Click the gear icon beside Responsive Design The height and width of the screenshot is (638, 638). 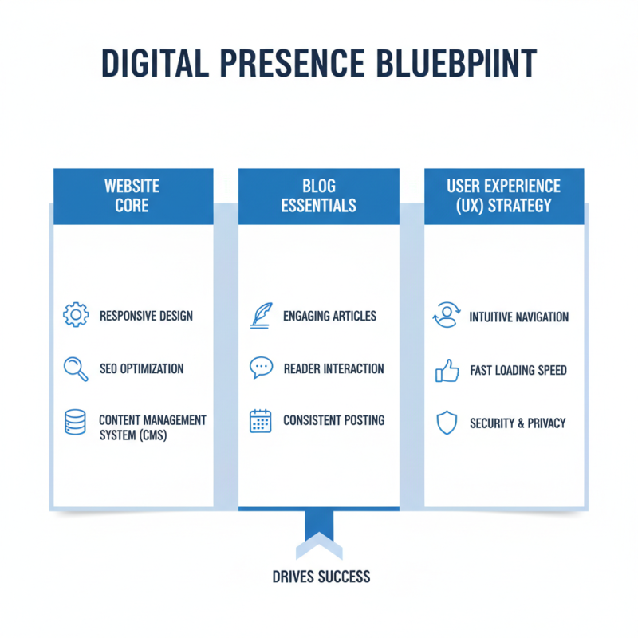coord(75,315)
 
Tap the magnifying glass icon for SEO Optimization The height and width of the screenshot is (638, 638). coord(75,368)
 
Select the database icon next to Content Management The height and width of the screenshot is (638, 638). coord(75,422)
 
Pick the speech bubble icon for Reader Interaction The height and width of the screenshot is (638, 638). coord(261,368)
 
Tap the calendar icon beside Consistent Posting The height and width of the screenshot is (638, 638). coord(261,420)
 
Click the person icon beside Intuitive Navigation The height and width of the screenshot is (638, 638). coord(446,316)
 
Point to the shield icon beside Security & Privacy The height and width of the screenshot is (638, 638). coord(446,423)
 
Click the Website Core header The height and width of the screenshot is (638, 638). coord(132,195)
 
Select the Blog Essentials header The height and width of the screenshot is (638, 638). coord(318,195)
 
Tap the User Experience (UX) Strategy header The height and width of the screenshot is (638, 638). coord(504,195)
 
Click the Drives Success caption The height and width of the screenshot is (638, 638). coord(320,576)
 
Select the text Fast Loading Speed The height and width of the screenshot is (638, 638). coord(518,371)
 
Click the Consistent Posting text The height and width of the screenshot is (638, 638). coord(333,420)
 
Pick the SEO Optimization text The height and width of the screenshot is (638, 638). coord(141,369)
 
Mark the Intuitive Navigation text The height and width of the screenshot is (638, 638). coord(519,317)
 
